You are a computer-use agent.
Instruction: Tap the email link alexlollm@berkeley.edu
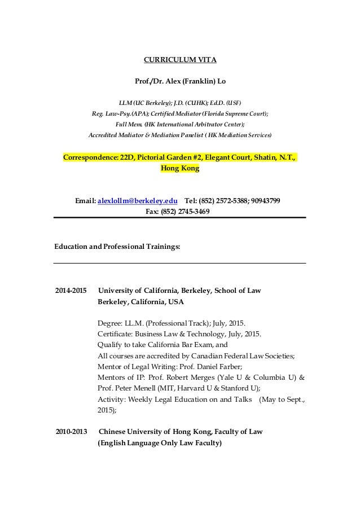click(x=139, y=200)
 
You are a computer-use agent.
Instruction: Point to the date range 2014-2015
click(x=71, y=291)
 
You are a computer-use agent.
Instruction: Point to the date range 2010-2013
click(x=71, y=432)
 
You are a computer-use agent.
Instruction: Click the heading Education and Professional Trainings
click(x=117, y=247)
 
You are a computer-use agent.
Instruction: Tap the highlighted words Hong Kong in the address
click(x=180, y=168)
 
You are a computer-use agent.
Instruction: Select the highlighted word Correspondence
click(x=90, y=157)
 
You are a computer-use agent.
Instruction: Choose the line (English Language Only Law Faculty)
click(x=160, y=443)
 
